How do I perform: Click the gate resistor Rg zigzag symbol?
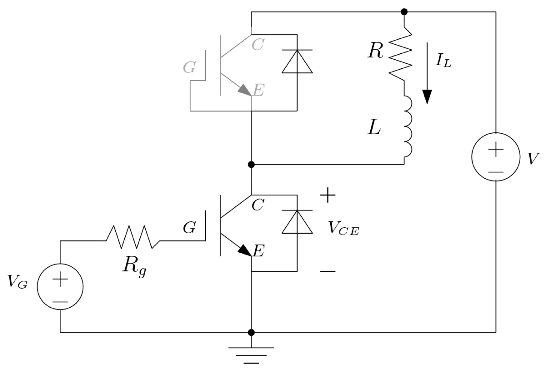[133, 237]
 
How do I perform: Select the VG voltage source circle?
[60, 286]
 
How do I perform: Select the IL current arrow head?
[427, 96]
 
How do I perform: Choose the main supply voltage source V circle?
[496, 157]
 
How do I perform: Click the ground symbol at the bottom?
[251, 355]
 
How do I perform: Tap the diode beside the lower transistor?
[297, 222]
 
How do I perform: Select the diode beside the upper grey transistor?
[297, 61]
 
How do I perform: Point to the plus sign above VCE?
[327, 195]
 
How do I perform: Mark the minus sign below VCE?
[327, 271]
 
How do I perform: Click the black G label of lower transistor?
[189, 228]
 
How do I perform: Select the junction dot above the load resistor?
[404, 12]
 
